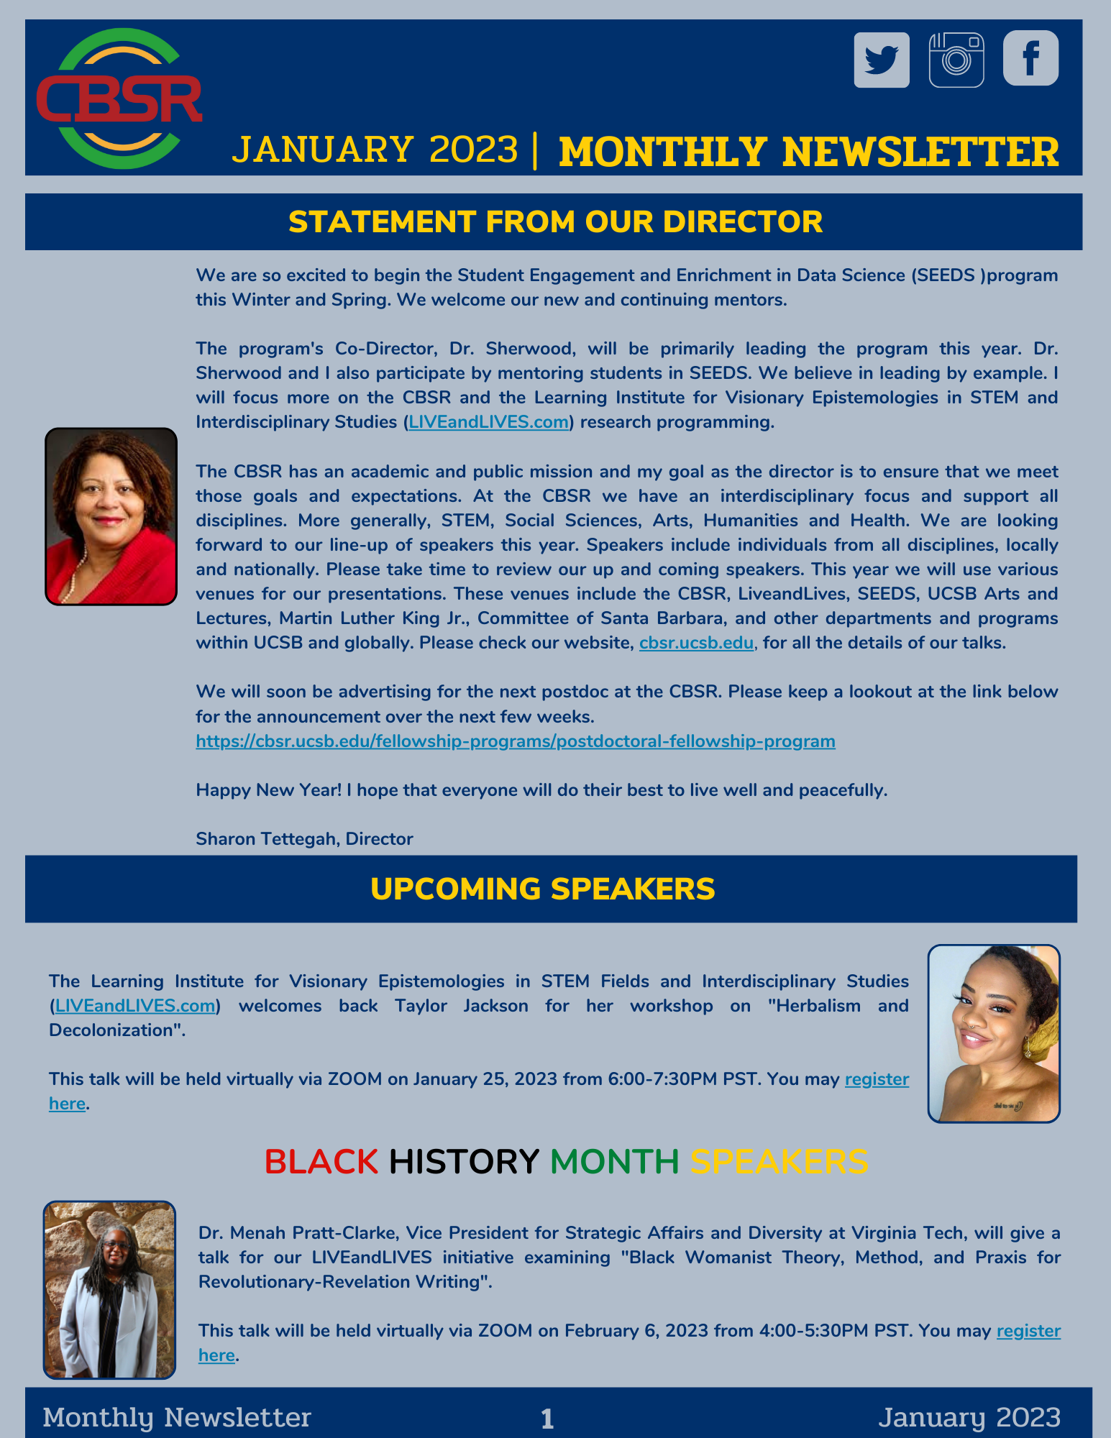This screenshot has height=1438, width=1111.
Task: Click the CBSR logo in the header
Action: tap(119, 99)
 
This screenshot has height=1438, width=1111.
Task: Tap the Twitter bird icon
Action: tap(882, 60)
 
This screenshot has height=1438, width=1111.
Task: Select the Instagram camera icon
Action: tap(956, 60)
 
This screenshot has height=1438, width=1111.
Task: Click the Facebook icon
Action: tap(1030, 58)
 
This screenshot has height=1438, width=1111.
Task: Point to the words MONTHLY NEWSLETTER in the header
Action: tap(809, 152)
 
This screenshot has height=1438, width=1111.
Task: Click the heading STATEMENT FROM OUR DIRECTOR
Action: tap(555, 221)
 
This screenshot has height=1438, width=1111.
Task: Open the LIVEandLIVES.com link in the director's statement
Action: tap(488, 422)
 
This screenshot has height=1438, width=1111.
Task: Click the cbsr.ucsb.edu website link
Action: tap(696, 643)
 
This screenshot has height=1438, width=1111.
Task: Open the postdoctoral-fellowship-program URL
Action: tap(515, 741)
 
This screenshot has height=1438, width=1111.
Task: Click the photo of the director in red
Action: tap(111, 516)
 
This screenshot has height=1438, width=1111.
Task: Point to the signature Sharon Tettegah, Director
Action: tap(304, 839)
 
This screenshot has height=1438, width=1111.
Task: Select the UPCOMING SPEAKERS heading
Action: tap(542, 889)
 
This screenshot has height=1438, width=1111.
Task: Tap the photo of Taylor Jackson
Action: tap(994, 1033)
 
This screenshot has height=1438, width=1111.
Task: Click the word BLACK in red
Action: tap(321, 1161)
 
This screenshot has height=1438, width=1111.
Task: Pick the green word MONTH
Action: tap(614, 1161)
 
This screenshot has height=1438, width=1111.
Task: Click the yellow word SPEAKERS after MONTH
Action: tap(779, 1161)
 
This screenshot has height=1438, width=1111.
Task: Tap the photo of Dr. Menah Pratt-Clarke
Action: tap(109, 1290)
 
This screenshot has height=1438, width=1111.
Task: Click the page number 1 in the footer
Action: tap(547, 1419)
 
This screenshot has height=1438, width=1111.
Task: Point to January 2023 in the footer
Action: tap(969, 1417)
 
